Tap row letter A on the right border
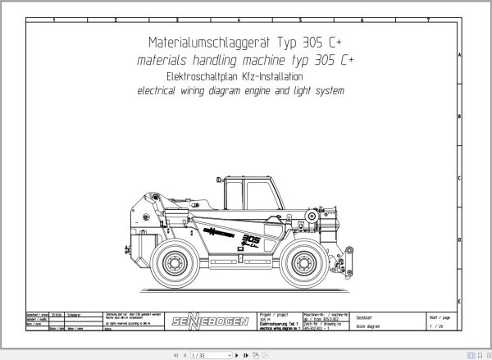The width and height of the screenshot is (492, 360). (x=482, y=56)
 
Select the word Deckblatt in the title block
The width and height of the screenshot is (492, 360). (x=365, y=314)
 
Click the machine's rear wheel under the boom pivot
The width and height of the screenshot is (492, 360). (x=176, y=263)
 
